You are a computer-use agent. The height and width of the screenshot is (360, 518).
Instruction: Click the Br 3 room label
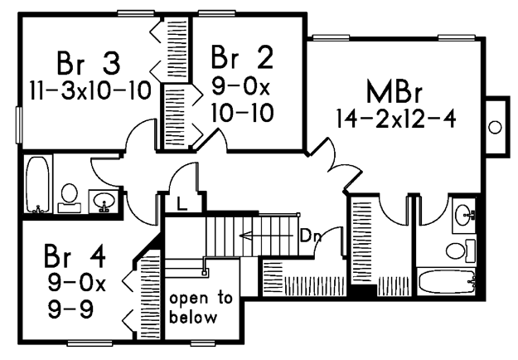click(x=88, y=63)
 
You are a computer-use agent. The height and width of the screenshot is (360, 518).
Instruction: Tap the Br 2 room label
click(x=242, y=57)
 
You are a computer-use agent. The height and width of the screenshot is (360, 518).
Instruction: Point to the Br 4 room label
click(x=75, y=255)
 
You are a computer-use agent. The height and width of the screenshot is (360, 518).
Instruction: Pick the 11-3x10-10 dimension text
click(x=90, y=90)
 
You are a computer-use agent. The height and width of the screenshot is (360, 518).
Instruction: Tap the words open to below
click(x=201, y=308)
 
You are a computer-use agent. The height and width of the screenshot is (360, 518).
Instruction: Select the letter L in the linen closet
click(x=182, y=203)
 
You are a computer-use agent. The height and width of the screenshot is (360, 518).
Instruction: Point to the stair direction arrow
click(x=266, y=236)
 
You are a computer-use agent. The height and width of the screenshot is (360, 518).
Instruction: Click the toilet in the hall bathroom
click(x=70, y=198)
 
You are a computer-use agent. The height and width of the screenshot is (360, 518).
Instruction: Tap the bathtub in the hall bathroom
click(x=37, y=185)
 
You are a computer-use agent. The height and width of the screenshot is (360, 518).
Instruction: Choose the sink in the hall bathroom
click(x=104, y=201)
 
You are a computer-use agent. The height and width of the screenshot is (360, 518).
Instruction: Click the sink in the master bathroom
click(x=464, y=215)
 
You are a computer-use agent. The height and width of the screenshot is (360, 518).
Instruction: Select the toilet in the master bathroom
click(x=461, y=251)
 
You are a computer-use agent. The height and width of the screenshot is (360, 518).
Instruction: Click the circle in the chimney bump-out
click(x=495, y=127)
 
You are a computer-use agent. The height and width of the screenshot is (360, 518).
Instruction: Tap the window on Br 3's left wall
click(x=19, y=125)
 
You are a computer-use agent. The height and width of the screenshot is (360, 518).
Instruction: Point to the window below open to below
click(x=203, y=343)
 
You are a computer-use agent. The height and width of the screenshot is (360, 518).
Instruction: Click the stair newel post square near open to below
click(x=205, y=273)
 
